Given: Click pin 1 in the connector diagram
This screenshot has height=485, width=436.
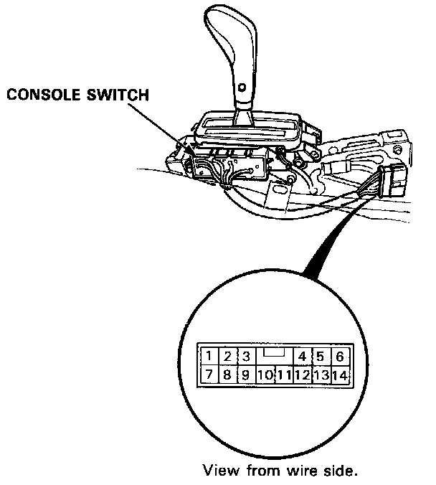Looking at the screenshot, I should (208, 357).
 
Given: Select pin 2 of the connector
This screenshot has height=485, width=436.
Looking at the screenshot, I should (227, 357).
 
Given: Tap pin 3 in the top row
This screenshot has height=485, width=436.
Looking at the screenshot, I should (245, 357).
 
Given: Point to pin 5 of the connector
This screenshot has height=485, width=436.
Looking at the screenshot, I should (321, 357).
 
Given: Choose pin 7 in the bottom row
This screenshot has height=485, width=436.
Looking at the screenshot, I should (208, 375).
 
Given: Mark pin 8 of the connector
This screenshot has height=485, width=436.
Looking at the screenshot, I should (227, 375).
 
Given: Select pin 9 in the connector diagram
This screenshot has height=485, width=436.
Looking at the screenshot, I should (245, 375).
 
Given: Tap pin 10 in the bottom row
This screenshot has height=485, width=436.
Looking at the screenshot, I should (265, 375).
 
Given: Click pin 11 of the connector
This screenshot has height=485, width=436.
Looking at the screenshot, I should (283, 375).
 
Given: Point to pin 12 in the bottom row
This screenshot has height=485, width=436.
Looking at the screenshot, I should (302, 375).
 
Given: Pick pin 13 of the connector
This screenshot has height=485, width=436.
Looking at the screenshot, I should (321, 375).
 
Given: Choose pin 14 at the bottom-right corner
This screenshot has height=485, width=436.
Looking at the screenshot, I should (340, 375).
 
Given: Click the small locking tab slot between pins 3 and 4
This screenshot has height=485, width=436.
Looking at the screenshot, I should (274, 353).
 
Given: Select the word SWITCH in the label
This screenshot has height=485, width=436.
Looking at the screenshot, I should (123, 95).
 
